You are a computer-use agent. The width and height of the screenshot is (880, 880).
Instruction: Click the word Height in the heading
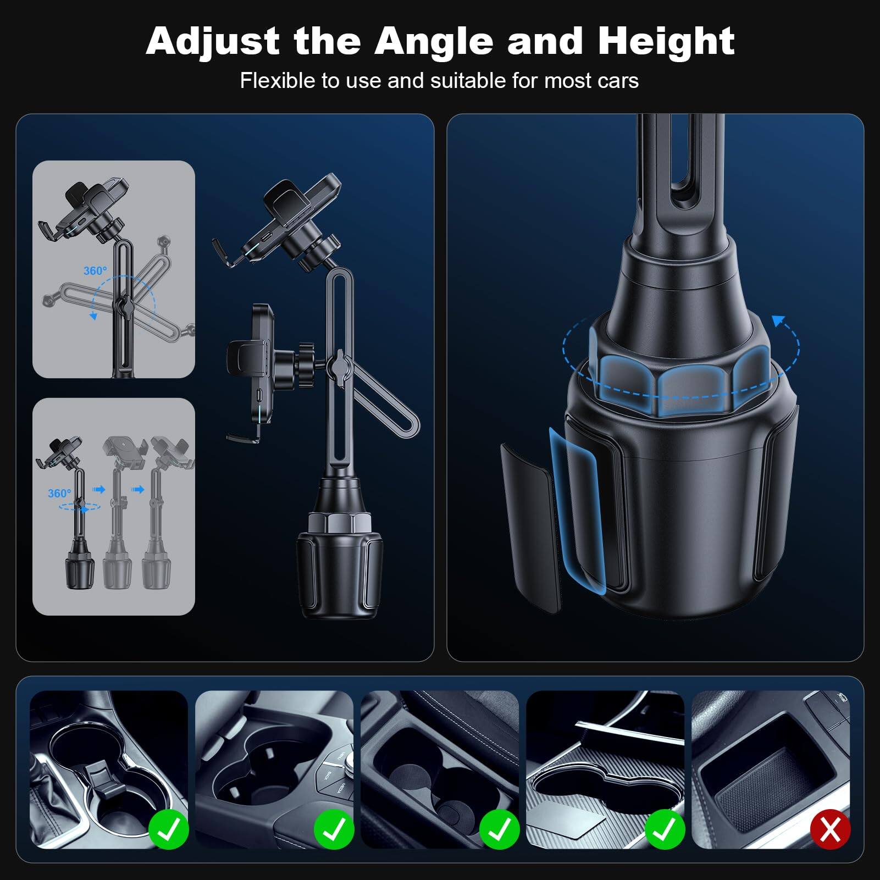point(666,41)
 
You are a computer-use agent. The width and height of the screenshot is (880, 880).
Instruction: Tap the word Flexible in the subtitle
point(278,81)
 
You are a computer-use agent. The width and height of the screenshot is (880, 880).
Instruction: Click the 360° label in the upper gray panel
point(95,270)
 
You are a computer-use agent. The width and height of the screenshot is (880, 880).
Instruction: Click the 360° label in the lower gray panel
point(59,493)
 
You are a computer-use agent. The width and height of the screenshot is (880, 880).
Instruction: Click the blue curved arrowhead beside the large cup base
point(778,321)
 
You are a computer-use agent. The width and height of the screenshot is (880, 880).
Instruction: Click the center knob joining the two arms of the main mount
point(338,365)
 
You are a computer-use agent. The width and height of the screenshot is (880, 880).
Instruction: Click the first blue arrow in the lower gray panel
point(99,489)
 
